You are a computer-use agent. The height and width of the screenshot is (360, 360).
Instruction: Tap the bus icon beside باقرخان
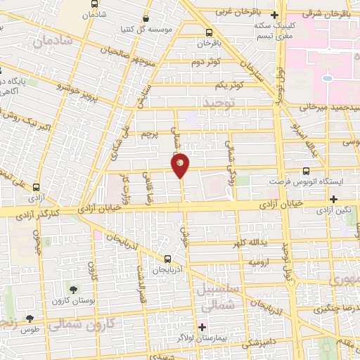[209, 32]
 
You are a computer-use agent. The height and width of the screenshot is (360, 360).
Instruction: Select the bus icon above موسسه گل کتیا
[146, 19]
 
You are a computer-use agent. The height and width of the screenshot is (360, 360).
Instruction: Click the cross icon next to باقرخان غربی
[275, 14]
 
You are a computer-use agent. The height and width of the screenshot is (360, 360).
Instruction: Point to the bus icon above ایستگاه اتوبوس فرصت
[306, 171]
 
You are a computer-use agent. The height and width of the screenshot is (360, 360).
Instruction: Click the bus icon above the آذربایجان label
[167, 259]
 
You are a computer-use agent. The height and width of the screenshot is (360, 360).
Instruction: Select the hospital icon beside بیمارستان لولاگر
[202, 327]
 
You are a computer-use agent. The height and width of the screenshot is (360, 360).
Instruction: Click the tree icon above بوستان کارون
[73, 290]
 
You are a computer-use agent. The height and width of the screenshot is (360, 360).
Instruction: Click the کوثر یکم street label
[230, 84]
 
